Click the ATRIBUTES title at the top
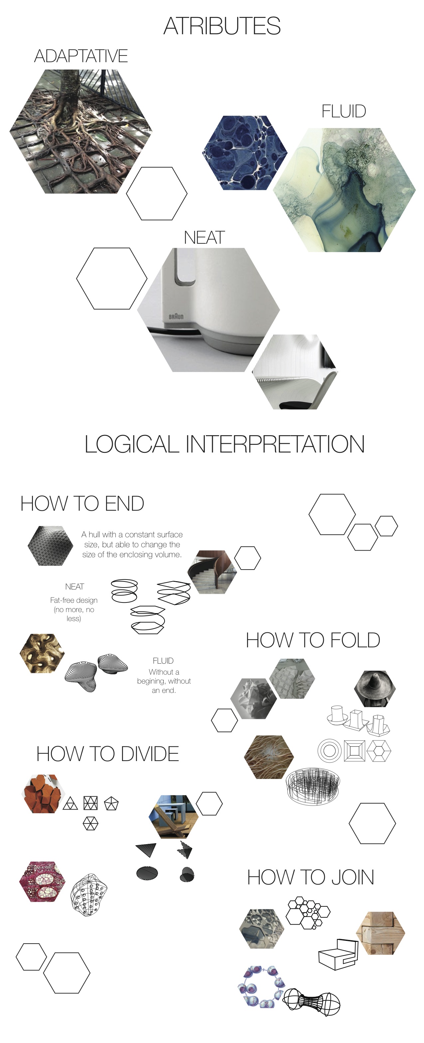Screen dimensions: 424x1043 [221, 26]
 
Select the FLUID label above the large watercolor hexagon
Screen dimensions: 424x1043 [344, 111]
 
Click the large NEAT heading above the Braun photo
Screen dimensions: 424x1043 [204, 238]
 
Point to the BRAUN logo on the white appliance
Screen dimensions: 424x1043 [176, 316]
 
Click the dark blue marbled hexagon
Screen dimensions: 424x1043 [245, 153]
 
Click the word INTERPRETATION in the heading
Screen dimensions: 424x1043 [275, 444]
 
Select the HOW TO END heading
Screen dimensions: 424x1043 [82, 504]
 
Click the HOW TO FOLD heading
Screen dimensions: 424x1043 [313, 640]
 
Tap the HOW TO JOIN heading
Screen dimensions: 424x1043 [310, 877]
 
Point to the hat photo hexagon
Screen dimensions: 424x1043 [374, 688]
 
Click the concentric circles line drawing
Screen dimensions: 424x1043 [330, 751]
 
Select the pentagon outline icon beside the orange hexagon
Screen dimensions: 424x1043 [111, 803]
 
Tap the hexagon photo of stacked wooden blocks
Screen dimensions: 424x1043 [380, 933]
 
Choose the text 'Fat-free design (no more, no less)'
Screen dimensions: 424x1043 [74, 609]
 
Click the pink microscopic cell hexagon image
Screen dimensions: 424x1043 [43, 881]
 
